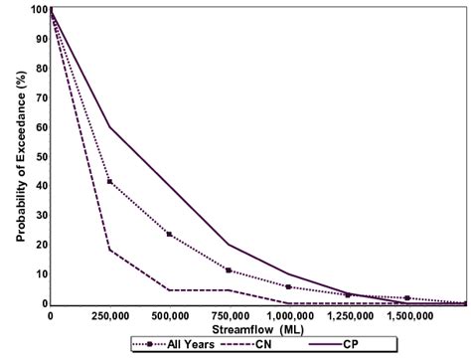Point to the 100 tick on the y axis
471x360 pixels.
[39, 10]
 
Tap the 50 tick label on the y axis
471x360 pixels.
[41, 157]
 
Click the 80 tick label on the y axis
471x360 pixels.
[41, 69]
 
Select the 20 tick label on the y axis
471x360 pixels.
[41, 245]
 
